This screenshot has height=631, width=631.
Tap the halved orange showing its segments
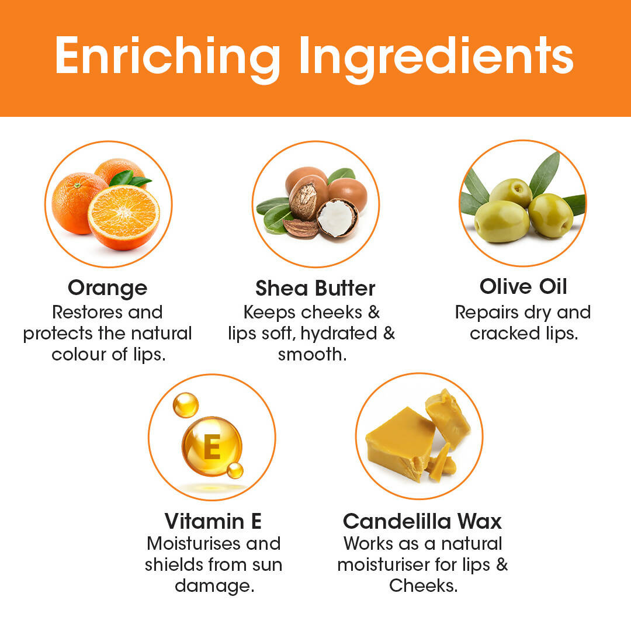tap(123, 217)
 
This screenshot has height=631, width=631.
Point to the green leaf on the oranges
tap(130, 179)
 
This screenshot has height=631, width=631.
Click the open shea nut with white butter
tap(337, 218)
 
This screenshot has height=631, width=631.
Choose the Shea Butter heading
tap(315, 288)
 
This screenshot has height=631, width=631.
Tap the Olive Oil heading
tap(523, 286)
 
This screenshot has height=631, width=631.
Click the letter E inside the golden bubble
tap(212, 447)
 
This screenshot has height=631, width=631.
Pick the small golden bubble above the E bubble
tap(186, 405)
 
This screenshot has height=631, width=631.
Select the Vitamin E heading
tap(213, 521)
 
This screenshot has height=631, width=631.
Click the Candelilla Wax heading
tap(422, 522)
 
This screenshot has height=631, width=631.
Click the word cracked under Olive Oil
tap(505, 334)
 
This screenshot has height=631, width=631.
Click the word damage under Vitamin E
tap(214, 586)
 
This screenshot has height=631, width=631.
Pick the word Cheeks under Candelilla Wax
tap(424, 586)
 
